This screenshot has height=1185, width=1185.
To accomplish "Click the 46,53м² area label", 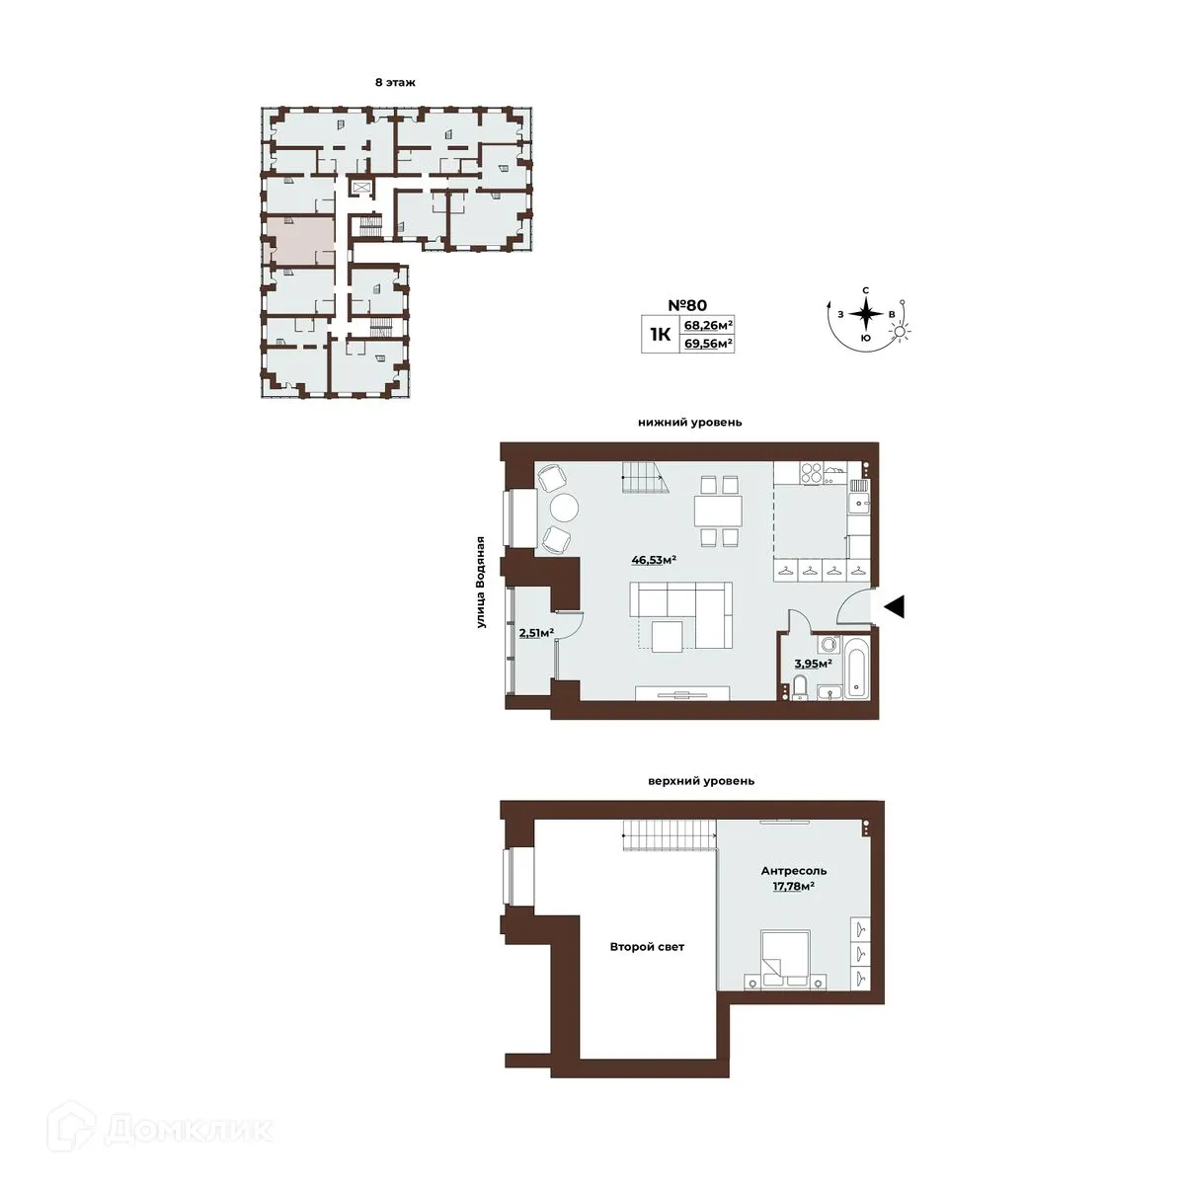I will [x=653, y=560].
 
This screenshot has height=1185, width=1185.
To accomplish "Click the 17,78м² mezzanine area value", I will [x=793, y=887].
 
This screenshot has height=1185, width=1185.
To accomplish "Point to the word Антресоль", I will [x=793, y=871].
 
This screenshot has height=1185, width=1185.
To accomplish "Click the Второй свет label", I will [x=647, y=947].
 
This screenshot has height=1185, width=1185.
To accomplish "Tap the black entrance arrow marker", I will [x=894, y=607].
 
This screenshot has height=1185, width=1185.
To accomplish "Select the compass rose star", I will [x=865, y=315].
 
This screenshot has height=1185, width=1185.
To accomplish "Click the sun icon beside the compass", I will [x=901, y=333].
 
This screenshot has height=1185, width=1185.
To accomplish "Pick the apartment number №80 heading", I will [x=687, y=306].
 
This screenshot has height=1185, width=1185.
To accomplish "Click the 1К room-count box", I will [x=660, y=335].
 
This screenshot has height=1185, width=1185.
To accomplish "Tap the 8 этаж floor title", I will [x=395, y=83].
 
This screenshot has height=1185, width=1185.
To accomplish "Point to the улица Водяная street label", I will [x=481, y=582].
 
